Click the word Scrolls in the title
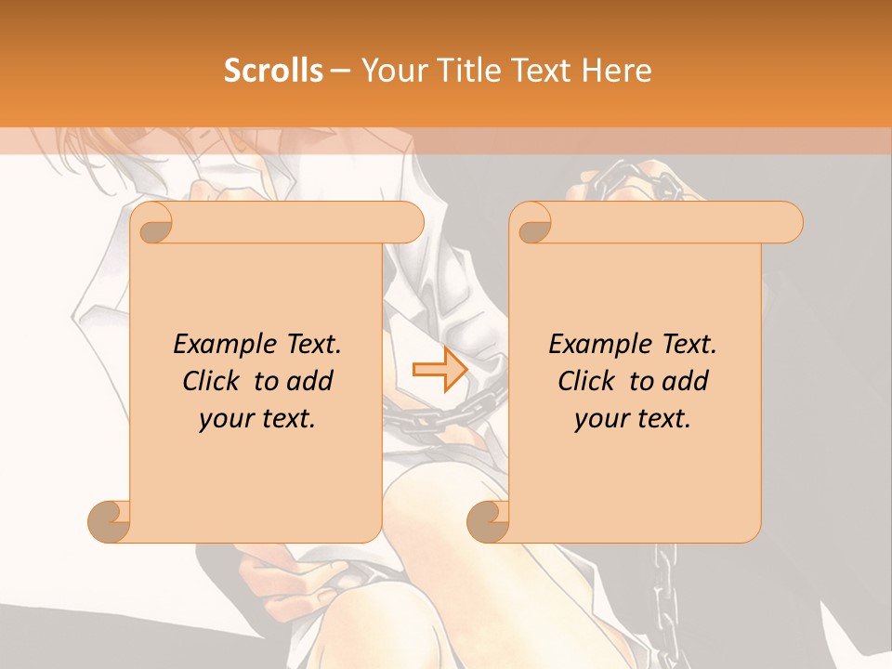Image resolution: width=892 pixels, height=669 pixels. point(273,71)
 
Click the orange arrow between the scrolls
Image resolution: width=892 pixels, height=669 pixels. point(439,370)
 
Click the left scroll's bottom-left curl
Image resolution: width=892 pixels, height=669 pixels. point(109,521)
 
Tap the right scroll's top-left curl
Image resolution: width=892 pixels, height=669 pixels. point(532,223)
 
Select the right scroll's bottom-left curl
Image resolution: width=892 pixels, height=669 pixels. point(488,521)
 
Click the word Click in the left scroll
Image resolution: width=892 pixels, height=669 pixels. point(210,381)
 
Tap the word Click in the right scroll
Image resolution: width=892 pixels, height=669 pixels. point(585,381)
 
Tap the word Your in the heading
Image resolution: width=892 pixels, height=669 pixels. point(393,71)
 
